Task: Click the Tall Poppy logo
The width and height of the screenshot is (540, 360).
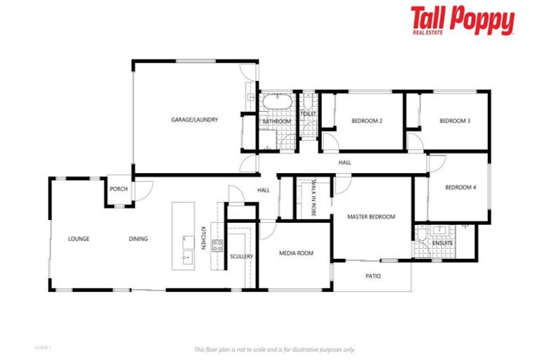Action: (462, 22)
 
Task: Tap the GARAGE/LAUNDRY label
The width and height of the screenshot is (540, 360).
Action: (195, 120)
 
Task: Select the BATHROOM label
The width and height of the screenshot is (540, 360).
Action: (277, 122)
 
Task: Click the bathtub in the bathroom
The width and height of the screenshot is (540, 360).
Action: (276, 103)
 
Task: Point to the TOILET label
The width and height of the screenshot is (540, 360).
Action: (308, 113)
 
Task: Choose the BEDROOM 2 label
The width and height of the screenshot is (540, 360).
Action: (367, 121)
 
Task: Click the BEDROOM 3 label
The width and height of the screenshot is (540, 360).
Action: (454, 121)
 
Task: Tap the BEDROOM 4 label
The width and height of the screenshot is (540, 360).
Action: (461, 187)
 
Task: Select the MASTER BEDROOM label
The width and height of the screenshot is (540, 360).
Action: (371, 217)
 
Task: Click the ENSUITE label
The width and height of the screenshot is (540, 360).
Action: (444, 243)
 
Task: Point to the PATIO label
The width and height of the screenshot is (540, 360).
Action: (373, 276)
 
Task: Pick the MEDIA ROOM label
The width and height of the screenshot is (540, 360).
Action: (296, 253)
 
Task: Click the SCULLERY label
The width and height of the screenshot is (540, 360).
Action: (241, 257)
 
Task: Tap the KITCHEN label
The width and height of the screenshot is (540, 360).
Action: (203, 238)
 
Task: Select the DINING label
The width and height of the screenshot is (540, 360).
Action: (139, 239)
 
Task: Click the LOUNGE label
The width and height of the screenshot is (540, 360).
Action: (79, 239)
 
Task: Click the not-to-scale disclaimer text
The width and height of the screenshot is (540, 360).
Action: (274, 349)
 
